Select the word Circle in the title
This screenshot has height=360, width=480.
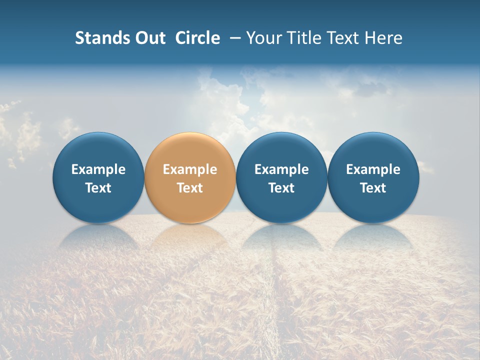(197, 38)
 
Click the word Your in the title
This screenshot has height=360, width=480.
(263, 38)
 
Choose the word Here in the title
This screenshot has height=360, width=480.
(384, 38)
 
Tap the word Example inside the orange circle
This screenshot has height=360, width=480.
(190, 169)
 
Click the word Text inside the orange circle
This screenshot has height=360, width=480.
(190, 188)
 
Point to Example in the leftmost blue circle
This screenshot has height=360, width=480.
(98, 169)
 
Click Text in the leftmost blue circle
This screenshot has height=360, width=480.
(98, 188)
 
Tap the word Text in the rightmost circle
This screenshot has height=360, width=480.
(373, 188)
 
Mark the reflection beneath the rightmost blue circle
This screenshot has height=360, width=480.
(373, 235)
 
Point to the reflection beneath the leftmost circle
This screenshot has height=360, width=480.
(98, 235)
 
